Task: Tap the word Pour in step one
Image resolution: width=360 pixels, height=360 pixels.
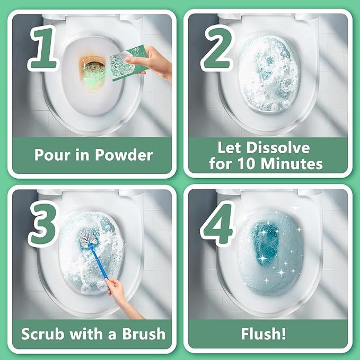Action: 52,155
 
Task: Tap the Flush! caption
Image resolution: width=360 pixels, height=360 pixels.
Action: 270,334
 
